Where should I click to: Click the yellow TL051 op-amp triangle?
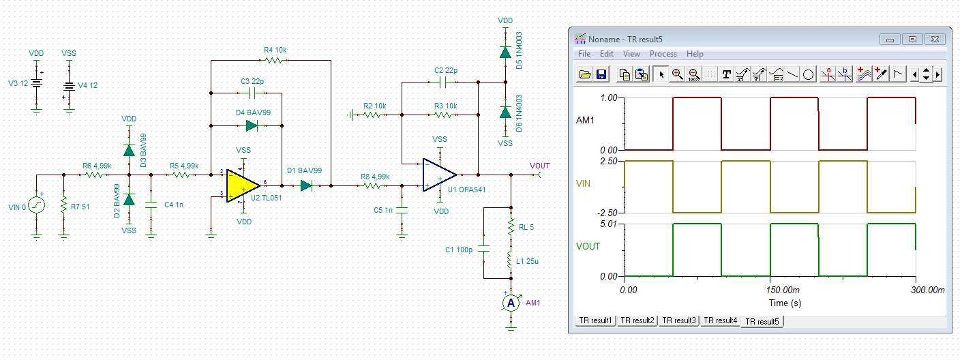click(x=242, y=185)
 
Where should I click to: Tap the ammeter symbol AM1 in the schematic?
click(x=511, y=303)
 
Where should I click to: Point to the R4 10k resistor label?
click(x=276, y=50)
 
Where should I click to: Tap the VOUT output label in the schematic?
click(x=539, y=166)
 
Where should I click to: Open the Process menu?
click(x=663, y=54)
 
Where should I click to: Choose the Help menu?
click(x=695, y=54)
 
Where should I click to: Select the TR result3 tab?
click(x=678, y=320)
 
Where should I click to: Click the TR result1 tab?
click(x=595, y=320)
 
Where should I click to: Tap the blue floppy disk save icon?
click(x=601, y=74)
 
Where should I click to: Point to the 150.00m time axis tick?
click(x=769, y=290)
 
